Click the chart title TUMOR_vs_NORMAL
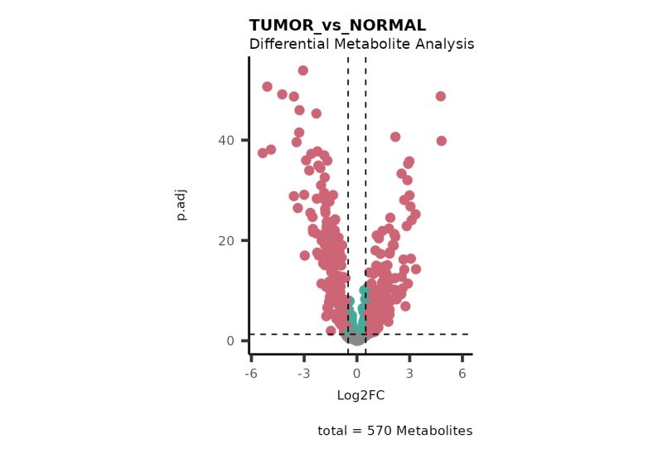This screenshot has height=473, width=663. (x=337, y=26)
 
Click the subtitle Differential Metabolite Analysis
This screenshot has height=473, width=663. (x=361, y=44)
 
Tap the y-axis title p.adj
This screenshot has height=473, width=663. (x=181, y=205)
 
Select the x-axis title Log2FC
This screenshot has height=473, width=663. (x=361, y=395)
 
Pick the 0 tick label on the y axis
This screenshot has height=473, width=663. (x=231, y=340)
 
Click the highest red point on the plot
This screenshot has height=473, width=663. (x=303, y=70)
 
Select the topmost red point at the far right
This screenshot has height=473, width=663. (x=441, y=96)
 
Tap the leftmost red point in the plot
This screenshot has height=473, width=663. (x=263, y=153)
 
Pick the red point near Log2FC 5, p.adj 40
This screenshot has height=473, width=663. (x=442, y=141)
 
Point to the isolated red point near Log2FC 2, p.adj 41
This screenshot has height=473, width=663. (x=395, y=137)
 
